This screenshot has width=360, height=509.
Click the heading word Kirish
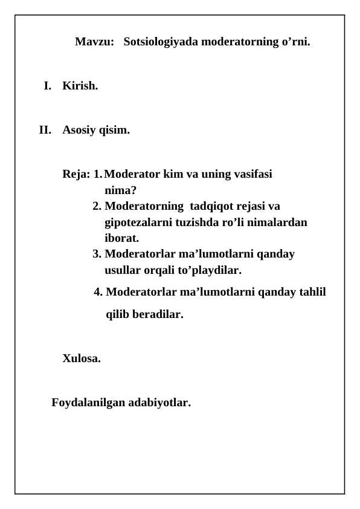pyautogui.click(x=80, y=86)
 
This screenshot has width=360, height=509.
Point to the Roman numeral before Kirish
pyautogui.click(x=47, y=86)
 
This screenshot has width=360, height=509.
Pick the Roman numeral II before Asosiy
pyautogui.click(x=45, y=130)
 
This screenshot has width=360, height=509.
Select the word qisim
pyautogui.click(x=115, y=130)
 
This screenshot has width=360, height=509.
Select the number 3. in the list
pyautogui.click(x=97, y=254)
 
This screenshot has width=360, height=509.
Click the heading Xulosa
pyautogui.click(x=82, y=358)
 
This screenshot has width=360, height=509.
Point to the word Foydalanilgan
pyautogui.click(x=88, y=403)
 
